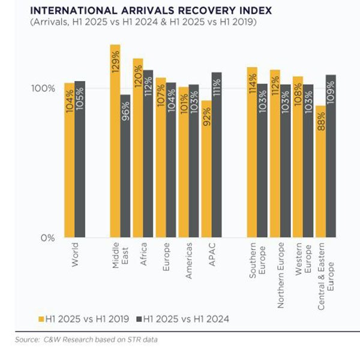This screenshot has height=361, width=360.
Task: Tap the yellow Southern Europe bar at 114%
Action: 251,152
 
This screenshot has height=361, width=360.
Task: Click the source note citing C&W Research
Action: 86,339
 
